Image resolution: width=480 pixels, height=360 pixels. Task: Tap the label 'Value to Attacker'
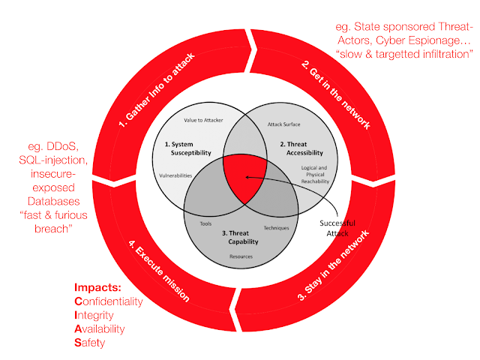coord(203,120)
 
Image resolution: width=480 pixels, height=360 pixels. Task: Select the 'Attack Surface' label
coord(283,124)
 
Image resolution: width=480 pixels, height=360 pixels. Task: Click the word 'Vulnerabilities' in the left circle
coord(175,175)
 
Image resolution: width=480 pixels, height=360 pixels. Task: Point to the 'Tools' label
coord(205,223)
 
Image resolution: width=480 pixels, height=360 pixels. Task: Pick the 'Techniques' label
coord(276,228)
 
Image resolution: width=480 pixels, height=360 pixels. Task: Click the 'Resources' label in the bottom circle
coord(241,256)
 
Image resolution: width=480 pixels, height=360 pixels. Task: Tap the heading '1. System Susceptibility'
coord(188,148)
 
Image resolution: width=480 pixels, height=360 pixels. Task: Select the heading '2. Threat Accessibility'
coord(301,148)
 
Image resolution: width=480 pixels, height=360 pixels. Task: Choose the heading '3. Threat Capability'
coord(240,237)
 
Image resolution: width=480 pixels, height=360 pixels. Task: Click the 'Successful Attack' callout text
coord(337,228)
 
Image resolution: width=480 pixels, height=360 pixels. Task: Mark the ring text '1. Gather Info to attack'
coord(157,90)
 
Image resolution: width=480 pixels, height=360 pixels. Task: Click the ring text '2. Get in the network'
coord(336,94)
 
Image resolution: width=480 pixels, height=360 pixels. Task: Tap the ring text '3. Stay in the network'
coord(334,265)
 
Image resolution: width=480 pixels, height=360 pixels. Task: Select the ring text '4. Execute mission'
coord(158,271)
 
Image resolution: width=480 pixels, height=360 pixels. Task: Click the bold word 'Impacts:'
coord(97,287)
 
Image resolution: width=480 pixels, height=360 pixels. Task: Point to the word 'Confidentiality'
coord(109,301)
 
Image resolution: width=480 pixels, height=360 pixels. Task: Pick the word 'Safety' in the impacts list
coord(90,343)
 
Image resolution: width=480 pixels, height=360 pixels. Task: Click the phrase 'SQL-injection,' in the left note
coord(53,160)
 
